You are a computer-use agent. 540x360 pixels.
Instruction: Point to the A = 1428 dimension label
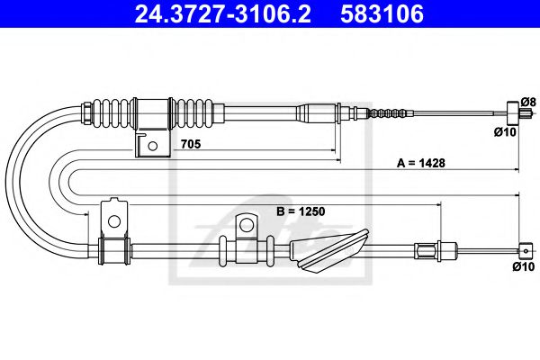coord(421,163)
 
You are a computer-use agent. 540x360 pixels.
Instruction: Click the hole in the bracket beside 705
coord(154,144)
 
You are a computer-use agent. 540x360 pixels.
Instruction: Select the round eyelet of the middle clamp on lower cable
coord(245,223)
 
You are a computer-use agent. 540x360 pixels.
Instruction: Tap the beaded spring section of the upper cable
coord(385,114)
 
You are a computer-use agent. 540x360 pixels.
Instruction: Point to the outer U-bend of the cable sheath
coord(13,180)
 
